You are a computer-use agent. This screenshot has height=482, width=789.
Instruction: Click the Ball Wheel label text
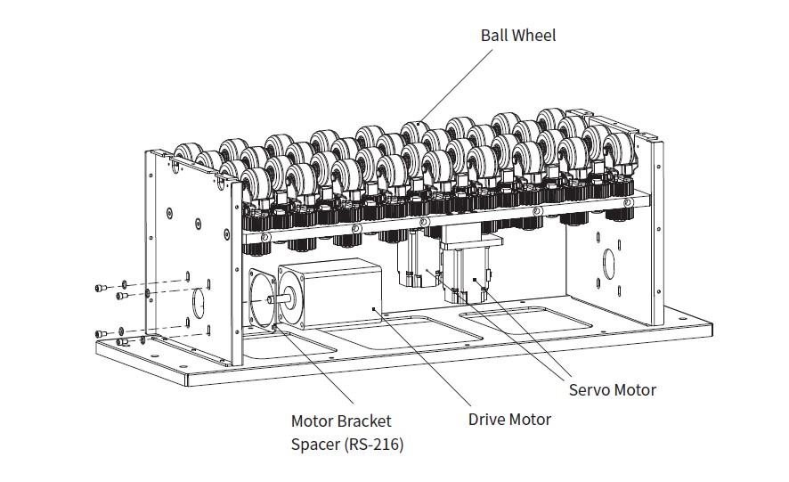click(x=518, y=36)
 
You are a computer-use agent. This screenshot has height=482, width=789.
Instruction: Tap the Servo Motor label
click(x=612, y=389)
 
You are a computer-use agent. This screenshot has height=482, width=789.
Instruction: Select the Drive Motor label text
click(x=509, y=419)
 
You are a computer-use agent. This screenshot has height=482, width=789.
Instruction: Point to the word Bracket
click(x=363, y=421)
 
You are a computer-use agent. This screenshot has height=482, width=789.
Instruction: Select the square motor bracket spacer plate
click(x=260, y=298)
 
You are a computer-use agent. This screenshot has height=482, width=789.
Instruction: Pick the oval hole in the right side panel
click(x=610, y=264)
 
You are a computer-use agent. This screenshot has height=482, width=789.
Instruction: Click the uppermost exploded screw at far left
click(x=102, y=288)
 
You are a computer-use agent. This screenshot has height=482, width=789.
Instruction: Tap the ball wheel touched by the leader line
click(x=414, y=134)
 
